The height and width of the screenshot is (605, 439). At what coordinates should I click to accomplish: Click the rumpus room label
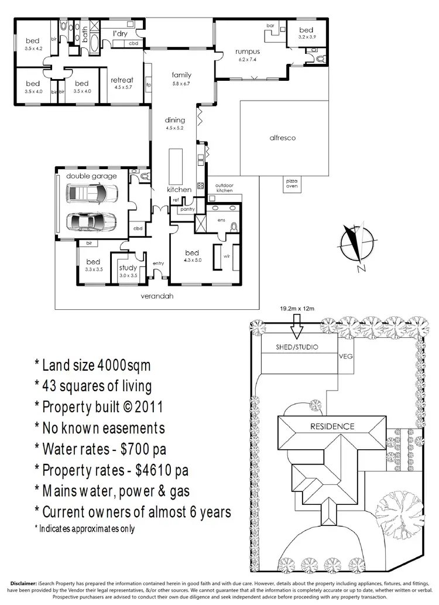click(x=248, y=52)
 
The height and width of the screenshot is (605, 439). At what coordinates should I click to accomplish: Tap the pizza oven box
click(x=291, y=183)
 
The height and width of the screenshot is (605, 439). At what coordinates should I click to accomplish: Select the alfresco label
click(x=282, y=138)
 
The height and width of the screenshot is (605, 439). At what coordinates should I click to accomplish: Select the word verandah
click(x=157, y=296)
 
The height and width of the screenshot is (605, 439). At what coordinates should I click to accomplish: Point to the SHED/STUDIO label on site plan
click(x=297, y=347)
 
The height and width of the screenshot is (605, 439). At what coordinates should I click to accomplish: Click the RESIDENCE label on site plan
click(x=332, y=426)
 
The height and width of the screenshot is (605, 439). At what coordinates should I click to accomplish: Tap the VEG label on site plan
click(x=347, y=356)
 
